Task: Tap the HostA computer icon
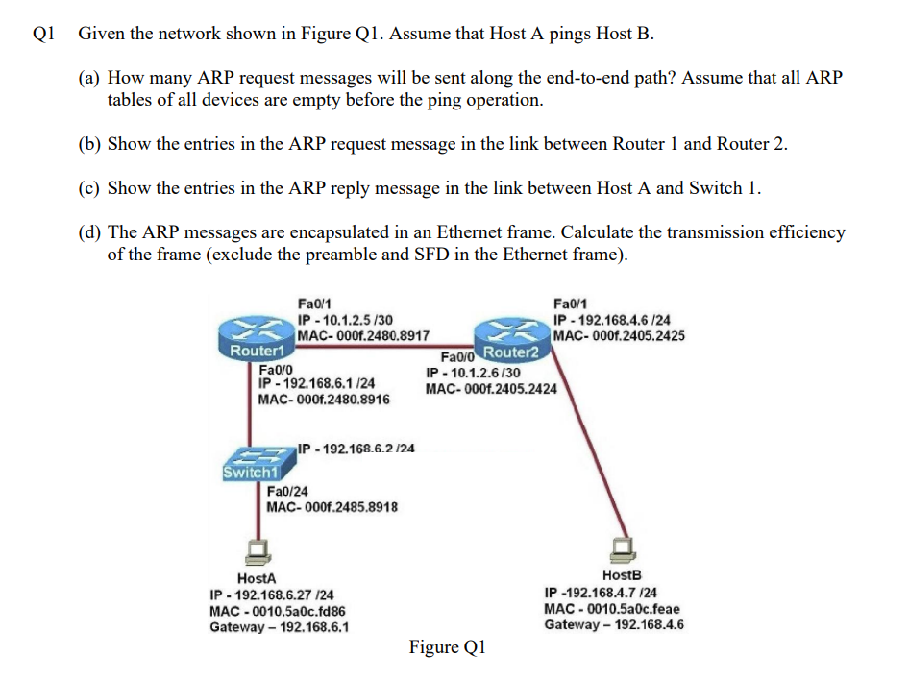(257, 549)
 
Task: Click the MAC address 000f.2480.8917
(363, 336)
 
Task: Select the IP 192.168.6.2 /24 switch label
(356, 449)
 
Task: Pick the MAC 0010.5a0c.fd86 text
(277, 611)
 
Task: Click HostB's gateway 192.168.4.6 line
(613, 625)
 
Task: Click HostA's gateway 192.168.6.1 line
(279, 627)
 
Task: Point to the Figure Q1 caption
(447, 647)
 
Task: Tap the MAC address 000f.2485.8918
(332, 507)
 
